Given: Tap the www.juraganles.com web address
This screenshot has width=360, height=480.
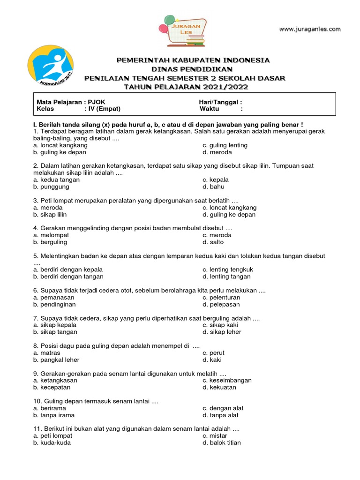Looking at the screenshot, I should (x=310, y=29).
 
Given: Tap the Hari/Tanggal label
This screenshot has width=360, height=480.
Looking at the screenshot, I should (x=220, y=102).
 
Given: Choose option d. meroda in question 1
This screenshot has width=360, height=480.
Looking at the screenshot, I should (x=217, y=152).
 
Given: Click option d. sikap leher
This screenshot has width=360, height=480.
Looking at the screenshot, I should (x=222, y=332).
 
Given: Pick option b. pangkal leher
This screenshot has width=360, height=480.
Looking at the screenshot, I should (x=56, y=360).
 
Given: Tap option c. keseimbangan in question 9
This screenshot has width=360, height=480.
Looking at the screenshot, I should (x=227, y=380).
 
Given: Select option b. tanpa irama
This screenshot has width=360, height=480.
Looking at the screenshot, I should (x=54, y=415).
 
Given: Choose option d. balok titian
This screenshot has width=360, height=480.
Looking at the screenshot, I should (x=222, y=442).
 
